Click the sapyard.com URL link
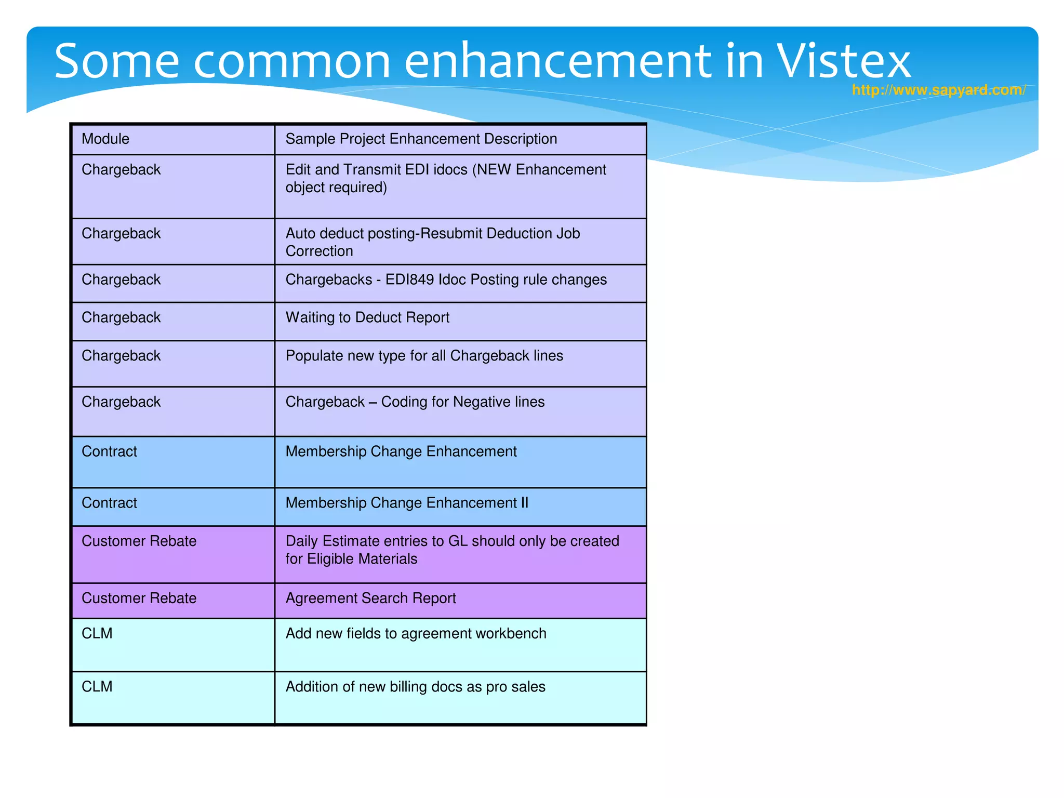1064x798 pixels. [938, 90]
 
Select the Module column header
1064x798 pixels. [105, 139]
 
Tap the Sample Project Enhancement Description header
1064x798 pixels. [421, 139]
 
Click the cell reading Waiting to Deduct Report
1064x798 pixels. [367, 317]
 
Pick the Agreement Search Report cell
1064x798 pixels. [370, 598]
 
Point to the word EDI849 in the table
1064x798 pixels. [409, 280]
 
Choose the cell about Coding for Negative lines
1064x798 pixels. [415, 402]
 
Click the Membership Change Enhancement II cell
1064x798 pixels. [407, 503]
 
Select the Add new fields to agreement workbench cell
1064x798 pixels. [416, 633]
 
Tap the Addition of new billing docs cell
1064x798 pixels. [415, 687]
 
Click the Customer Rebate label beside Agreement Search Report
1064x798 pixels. [139, 598]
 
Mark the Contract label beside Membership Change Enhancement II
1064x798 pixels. [109, 503]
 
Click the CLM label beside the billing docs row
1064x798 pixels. [97, 687]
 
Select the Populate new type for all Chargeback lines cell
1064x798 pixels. [424, 356]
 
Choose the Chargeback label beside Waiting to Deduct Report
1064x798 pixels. [121, 317]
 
